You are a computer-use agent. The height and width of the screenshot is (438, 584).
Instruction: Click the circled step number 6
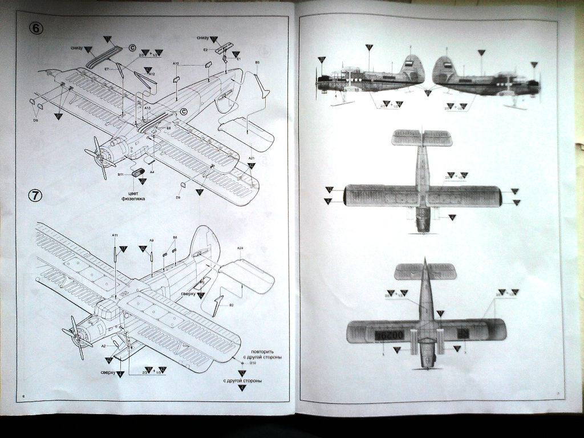point(36,29)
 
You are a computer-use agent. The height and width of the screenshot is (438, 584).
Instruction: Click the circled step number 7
point(35,195)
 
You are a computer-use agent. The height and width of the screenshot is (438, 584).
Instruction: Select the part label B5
point(257,62)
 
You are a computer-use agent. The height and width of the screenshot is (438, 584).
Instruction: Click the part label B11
point(120,175)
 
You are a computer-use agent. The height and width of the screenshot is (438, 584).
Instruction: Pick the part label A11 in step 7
point(115,235)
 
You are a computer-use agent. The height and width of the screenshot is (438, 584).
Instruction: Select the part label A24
point(240,248)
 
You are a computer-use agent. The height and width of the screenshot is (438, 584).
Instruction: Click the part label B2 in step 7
point(231,305)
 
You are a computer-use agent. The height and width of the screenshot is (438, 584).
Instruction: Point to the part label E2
point(205,50)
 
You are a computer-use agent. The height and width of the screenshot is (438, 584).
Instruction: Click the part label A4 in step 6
point(152,171)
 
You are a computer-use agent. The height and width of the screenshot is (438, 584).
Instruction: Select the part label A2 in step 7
point(103,346)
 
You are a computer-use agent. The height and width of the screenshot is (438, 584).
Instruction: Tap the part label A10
point(176,63)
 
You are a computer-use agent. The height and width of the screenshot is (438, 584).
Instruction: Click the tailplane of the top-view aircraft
point(422,138)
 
